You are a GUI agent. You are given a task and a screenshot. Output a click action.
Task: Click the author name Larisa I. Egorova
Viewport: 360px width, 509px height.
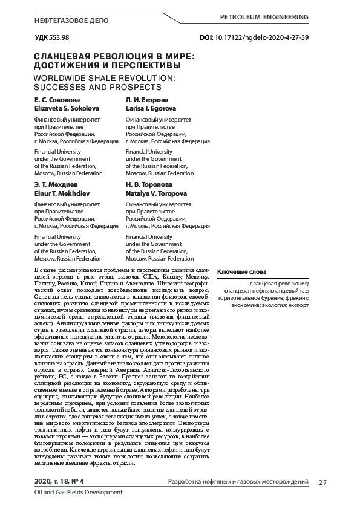(151, 108)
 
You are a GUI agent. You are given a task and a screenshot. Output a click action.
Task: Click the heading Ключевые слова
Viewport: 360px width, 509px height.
(241, 271)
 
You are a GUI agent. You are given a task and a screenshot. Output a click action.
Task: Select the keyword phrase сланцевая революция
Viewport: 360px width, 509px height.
(279, 283)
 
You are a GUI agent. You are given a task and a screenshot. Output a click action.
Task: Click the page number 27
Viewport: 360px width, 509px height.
(322, 481)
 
